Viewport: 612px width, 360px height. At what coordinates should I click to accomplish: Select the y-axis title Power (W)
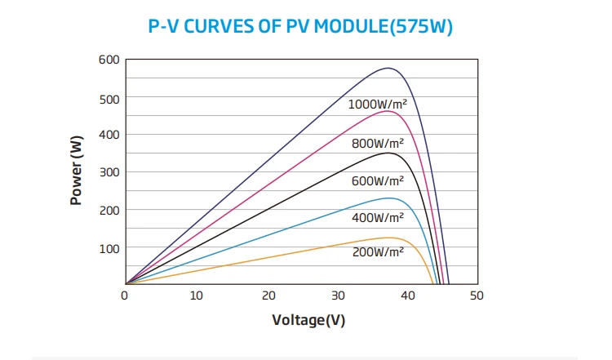[x=77, y=171]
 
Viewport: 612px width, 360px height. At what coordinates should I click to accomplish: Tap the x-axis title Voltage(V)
[x=308, y=319]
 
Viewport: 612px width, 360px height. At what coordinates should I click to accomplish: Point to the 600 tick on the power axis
[x=109, y=60]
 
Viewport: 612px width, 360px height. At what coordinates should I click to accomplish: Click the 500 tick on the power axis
[x=109, y=99]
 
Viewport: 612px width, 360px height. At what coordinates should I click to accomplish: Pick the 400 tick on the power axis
[x=109, y=134]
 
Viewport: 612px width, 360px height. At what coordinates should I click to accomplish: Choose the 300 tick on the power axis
[x=109, y=171]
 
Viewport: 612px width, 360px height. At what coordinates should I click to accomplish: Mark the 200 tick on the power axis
[x=109, y=210]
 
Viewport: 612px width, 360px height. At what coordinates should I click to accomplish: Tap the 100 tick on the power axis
[x=109, y=247]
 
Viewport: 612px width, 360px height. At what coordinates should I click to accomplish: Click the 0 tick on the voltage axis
[x=125, y=296]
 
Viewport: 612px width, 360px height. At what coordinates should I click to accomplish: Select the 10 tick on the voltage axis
[x=196, y=296]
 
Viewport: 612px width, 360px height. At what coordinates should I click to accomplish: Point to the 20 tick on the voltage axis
[x=266, y=296]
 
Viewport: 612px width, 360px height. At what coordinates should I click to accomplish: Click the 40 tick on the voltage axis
[x=407, y=296]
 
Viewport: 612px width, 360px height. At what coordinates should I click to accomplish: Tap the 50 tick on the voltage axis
[x=477, y=296]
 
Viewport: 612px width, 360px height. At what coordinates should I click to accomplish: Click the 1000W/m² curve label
[x=379, y=104]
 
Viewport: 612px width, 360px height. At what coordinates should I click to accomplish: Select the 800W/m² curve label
[x=378, y=143]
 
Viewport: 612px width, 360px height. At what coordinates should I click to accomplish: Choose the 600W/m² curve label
[x=378, y=180]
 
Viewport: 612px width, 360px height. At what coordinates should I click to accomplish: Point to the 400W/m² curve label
[x=378, y=217]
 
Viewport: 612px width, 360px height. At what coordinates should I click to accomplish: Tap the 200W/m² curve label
[x=378, y=252]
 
